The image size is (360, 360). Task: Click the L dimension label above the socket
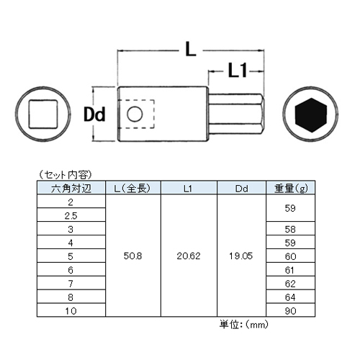click(x=191, y=50)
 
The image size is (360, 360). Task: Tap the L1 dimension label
click(x=238, y=71)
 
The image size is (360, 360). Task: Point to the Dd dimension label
click(x=94, y=114)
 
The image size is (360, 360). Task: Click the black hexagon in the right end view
click(x=311, y=115)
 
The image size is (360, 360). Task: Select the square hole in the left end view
click(x=43, y=114)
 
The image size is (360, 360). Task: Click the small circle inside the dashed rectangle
click(x=135, y=114)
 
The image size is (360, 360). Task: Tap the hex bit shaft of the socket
click(x=236, y=114)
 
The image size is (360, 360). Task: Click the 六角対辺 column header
click(x=71, y=189)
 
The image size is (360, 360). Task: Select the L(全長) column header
click(x=132, y=189)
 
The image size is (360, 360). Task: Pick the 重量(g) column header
click(x=291, y=189)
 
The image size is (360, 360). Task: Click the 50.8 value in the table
click(x=132, y=256)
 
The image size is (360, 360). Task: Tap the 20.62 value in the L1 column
click(x=189, y=256)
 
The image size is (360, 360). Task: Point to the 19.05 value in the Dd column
click(x=241, y=256)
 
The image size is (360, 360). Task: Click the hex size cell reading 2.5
click(x=71, y=216)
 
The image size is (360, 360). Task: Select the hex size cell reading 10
click(x=71, y=311)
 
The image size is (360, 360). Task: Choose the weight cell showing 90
click(x=290, y=311)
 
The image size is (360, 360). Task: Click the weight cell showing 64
click(x=290, y=297)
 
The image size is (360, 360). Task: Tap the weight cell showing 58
click(x=290, y=230)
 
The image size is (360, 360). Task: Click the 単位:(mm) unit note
click(x=243, y=325)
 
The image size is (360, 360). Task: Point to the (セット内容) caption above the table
click(x=66, y=175)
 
